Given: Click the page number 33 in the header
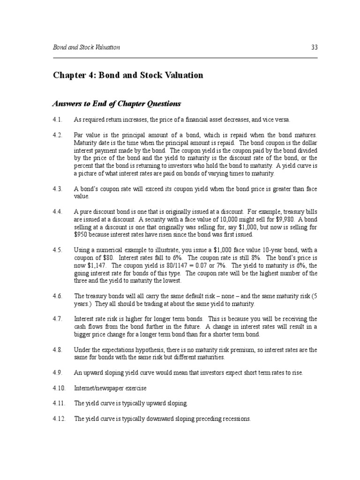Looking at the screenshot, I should click(x=314, y=47).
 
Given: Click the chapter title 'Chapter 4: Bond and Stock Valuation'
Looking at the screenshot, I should click(x=128, y=75).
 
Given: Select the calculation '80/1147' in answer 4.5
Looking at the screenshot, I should click(x=183, y=265).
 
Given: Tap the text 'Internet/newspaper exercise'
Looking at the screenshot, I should click(x=110, y=389).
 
